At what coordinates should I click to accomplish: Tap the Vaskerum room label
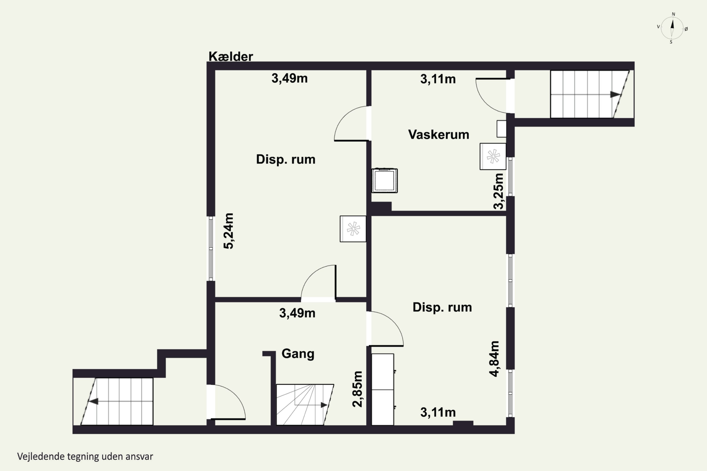pos(439,134)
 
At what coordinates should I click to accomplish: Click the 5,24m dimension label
pos(228,231)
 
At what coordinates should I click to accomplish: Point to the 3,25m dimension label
pos(498,191)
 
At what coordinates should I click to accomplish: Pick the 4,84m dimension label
pos(494,359)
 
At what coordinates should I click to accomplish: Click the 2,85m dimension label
pos(358,389)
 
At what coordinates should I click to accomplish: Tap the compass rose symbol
pos(672,28)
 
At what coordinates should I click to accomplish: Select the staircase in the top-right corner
pos(590,94)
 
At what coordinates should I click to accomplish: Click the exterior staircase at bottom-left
pos(117,401)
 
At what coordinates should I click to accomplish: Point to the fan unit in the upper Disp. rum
pos(353,229)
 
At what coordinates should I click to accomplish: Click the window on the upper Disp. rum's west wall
pos(211,248)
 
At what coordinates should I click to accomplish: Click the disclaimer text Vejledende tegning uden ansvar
pos(85,457)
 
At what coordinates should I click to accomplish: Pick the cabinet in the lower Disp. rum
pos(383,389)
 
